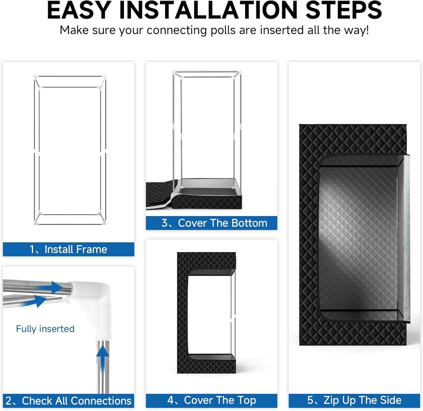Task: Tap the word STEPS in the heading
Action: [344, 10]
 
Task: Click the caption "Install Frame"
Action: [76, 249]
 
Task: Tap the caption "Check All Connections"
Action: [77, 401]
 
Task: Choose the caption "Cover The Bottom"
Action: [222, 223]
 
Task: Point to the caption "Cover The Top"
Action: [220, 400]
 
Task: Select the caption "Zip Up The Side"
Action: [362, 400]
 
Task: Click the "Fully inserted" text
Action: [45, 329]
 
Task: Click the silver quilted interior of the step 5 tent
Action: [358, 238]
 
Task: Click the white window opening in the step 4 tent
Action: [210, 315]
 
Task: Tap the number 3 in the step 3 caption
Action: [165, 223]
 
